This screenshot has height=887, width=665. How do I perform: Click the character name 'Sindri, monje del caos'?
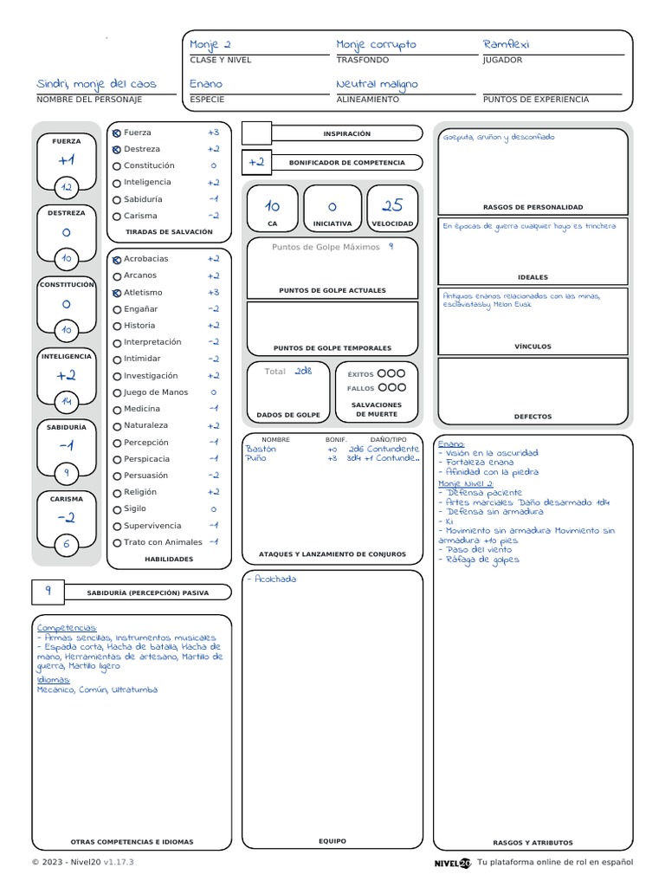pyautogui.click(x=96, y=84)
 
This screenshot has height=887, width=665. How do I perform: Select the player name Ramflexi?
pyautogui.click(x=507, y=44)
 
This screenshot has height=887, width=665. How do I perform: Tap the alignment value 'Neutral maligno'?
pyautogui.click(x=377, y=84)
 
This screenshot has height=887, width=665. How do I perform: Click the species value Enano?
pyautogui.click(x=206, y=84)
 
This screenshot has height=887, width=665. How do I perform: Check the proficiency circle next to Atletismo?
pyautogui.click(x=117, y=293)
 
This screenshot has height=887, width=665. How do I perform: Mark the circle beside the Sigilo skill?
pyautogui.click(x=117, y=509)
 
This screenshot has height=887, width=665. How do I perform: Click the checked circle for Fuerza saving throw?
pyautogui.click(x=117, y=133)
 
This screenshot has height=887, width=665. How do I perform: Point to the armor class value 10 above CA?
pyautogui.click(x=272, y=206)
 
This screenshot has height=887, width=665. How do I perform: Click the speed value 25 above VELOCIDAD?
pyautogui.click(x=392, y=205)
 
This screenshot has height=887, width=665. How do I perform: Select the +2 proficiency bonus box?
pyautogui.click(x=256, y=162)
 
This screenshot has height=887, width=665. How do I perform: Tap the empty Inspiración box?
pyautogui.click(x=256, y=133)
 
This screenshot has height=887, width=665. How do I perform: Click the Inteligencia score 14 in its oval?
pyautogui.click(x=67, y=401)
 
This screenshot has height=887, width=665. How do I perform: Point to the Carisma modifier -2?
pyautogui.click(x=67, y=518)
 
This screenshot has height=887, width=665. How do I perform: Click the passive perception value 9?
pyautogui.click(x=48, y=591)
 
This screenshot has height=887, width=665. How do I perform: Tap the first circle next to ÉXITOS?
pyautogui.click(x=382, y=373)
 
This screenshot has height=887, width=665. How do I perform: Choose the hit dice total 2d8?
pyautogui.click(x=302, y=371)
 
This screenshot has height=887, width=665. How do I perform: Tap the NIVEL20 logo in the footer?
pyautogui.click(x=452, y=862)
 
